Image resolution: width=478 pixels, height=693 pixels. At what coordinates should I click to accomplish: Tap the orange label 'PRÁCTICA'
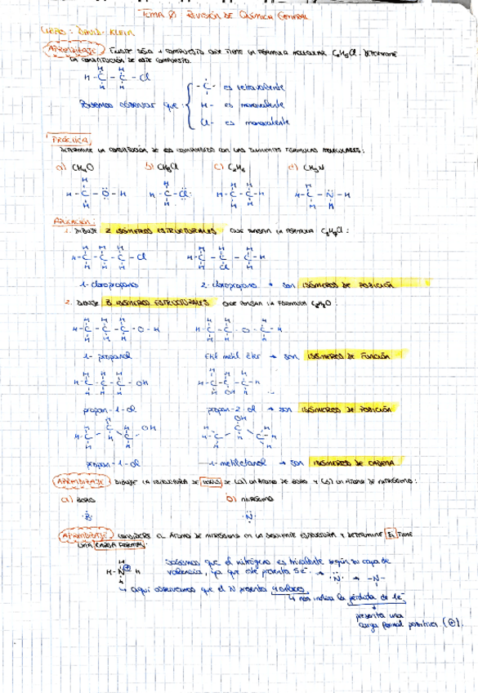coord(72,141)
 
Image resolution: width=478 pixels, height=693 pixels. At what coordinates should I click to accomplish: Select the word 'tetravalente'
coord(258,87)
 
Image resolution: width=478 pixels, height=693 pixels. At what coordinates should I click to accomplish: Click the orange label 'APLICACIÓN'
coord(74,221)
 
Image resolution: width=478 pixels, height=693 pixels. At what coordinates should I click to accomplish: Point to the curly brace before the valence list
coord(190,105)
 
